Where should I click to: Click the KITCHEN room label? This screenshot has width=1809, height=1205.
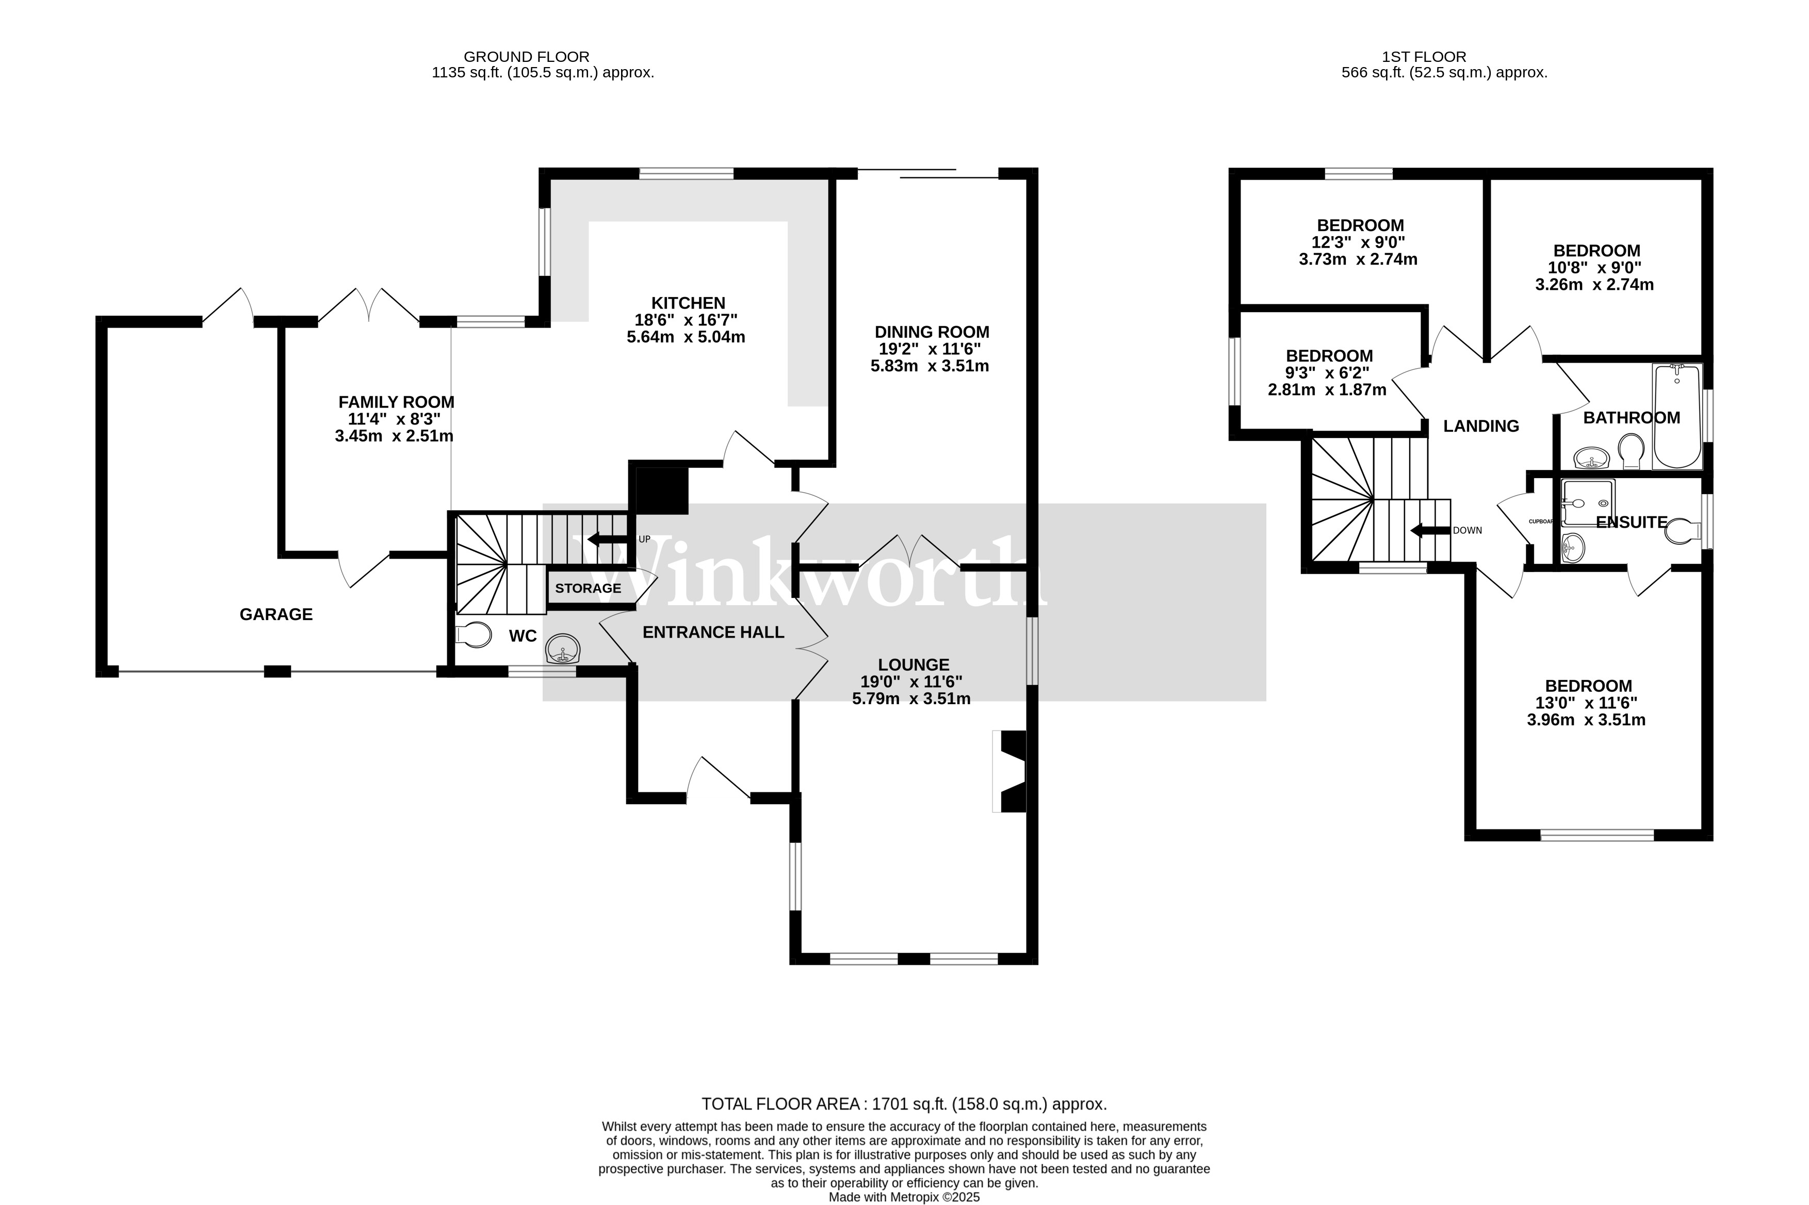point(688,303)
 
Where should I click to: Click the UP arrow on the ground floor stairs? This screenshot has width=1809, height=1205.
point(606,539)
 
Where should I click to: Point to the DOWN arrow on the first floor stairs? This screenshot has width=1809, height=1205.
point(1429,530)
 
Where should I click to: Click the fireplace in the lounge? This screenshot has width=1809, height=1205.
point(1012,771)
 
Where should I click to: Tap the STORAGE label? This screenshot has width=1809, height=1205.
point(588,589)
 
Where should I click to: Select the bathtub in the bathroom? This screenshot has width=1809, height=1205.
point(1677,416)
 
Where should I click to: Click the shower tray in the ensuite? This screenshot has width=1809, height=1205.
point(1588,502)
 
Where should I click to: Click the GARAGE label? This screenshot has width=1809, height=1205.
point(276,614)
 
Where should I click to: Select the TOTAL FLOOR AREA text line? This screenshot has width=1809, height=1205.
point(904,1104)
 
